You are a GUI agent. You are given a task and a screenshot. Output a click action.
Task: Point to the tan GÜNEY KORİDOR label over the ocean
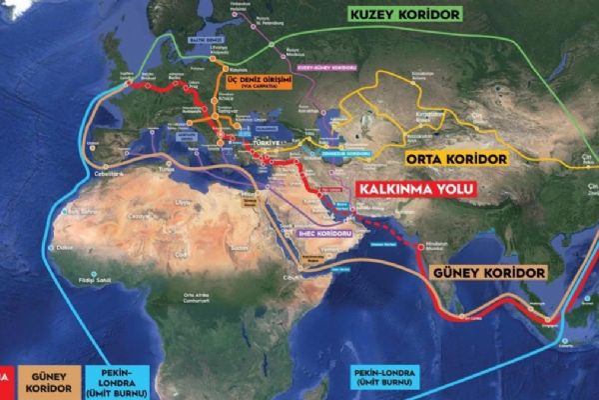(487, 271)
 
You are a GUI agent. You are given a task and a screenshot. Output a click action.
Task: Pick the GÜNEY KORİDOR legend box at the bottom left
(47, 380)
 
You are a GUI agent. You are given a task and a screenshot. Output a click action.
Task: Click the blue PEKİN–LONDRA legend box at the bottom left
(118, 380)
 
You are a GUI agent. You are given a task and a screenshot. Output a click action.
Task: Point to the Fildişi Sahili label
(92, 281)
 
